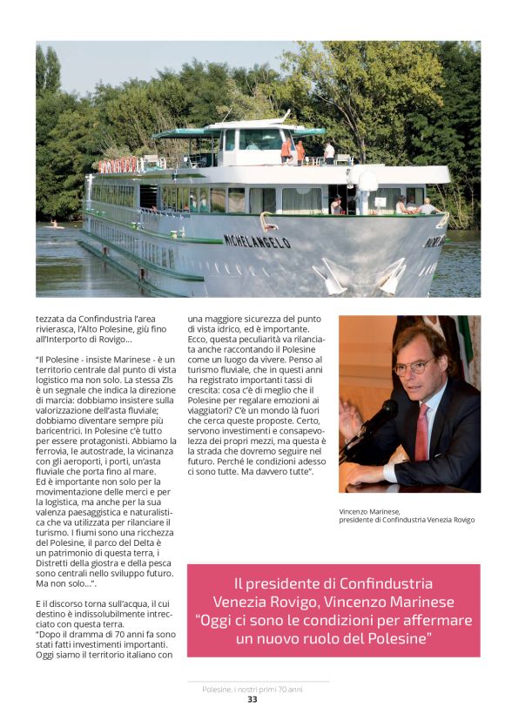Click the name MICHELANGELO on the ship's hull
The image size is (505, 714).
(257, 241)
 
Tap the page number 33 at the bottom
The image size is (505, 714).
(252, 699)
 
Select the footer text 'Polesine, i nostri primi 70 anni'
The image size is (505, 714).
(252, 689)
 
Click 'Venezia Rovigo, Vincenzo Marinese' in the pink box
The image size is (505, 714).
(333, 602)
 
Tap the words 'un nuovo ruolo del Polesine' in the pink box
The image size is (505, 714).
(333, 639)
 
